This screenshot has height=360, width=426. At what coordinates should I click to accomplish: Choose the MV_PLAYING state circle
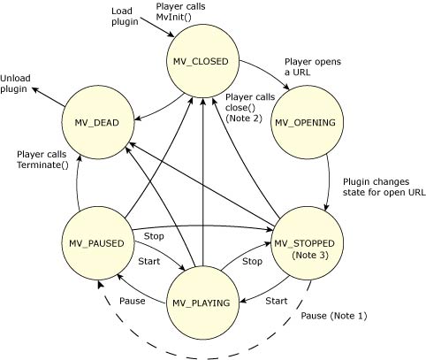point(203,303)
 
